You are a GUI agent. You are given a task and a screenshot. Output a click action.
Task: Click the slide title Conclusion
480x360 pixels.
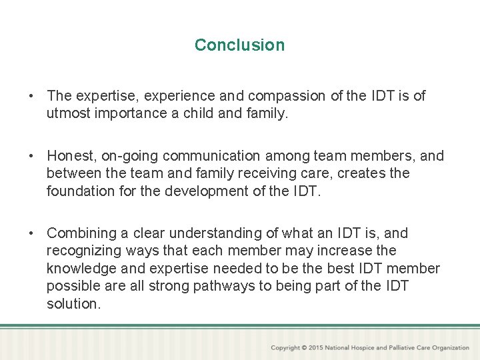point(239,45)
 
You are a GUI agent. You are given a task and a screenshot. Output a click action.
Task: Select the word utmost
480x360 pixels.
point(67,113)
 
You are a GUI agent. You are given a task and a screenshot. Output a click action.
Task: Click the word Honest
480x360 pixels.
point(71,156)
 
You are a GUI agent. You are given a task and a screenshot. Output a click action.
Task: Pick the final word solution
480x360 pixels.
point(73,303)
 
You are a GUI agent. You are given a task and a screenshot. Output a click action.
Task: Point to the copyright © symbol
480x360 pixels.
point(305,348)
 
